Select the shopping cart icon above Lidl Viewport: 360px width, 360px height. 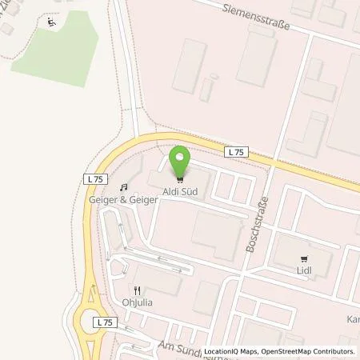(303, 258)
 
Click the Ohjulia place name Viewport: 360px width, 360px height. (138, 303)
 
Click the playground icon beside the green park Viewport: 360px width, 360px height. (52, 22)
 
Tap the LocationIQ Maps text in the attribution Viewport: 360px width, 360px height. (228, 352)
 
